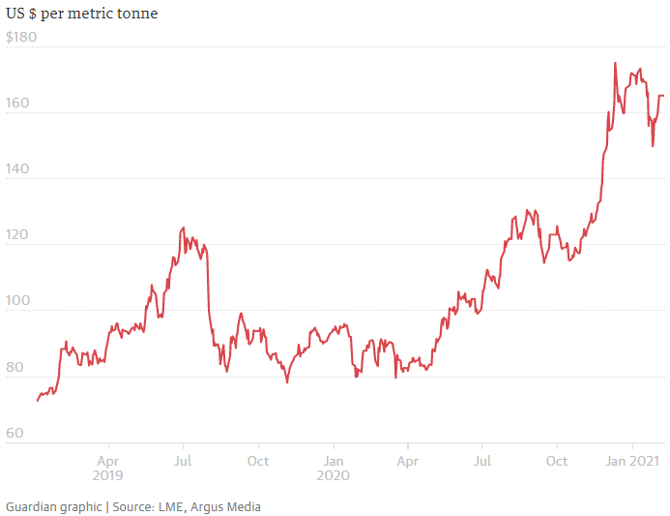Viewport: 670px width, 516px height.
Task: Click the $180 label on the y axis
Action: [x=21, y=37]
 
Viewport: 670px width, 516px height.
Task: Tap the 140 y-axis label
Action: [x=17, y=169]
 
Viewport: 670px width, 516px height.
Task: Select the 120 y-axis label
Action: [x=17, y=235]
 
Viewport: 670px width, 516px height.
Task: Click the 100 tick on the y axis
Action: [x=17, y=301]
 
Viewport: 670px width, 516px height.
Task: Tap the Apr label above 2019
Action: [x=108, y=461]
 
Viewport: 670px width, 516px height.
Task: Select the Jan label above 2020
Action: [x=333, y=461]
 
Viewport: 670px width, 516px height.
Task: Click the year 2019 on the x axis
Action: [x=108, y=476]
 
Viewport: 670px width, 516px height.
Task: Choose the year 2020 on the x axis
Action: [x=333, y=476]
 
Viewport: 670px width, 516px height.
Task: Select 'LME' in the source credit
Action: [x=171, y=506]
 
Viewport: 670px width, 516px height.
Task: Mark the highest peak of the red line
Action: [x=615, y=63]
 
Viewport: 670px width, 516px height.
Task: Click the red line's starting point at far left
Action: [x=38, y=400]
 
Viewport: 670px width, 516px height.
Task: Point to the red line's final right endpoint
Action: [x=663, y=95]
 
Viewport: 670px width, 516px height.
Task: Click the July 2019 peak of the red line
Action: [x=183, y=228]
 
